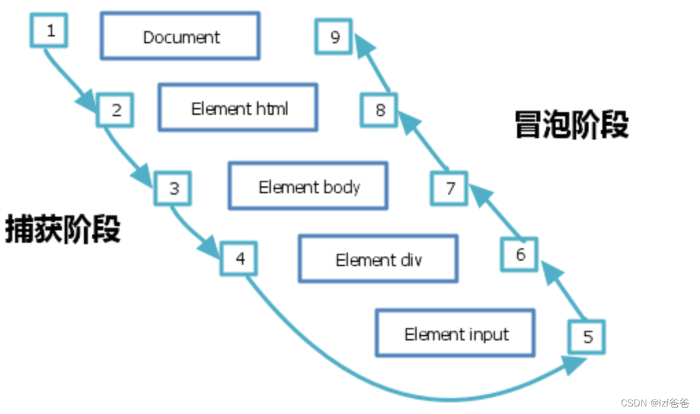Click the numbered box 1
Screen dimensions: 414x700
pos(50,30)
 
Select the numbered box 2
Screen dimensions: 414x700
pos(116,110)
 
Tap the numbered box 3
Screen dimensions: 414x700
pos(173,188)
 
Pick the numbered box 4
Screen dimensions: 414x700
pos(239,259)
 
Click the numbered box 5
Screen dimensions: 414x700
pos(587,338)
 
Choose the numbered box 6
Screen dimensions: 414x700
pos(520,255)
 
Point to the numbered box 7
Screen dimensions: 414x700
pos(450,188)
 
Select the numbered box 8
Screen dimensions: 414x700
pos(380,110)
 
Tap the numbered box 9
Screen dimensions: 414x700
pos(334,36)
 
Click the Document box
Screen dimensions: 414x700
pos(181,36)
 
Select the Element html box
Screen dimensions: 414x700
pos(239,108)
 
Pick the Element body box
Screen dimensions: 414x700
pos(308,186)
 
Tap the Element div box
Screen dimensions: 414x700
pos(378,259)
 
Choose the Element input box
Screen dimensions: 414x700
pos(455,334)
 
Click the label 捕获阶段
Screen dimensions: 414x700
pos(63,228)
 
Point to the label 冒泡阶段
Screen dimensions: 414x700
pos(571,125)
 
